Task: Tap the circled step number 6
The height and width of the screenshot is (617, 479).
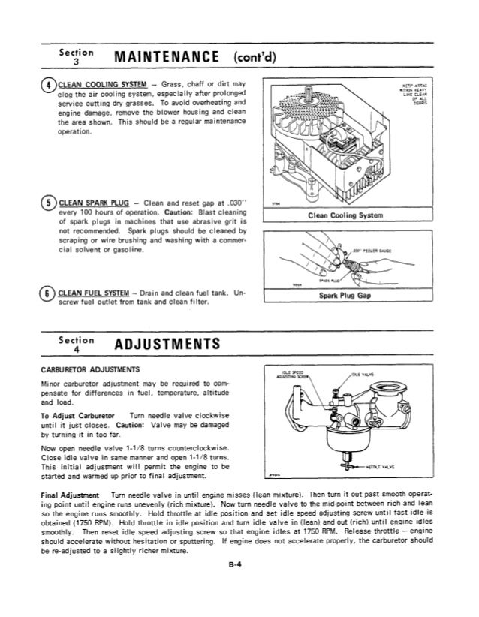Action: pyautogui.click(x=49, y=293)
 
